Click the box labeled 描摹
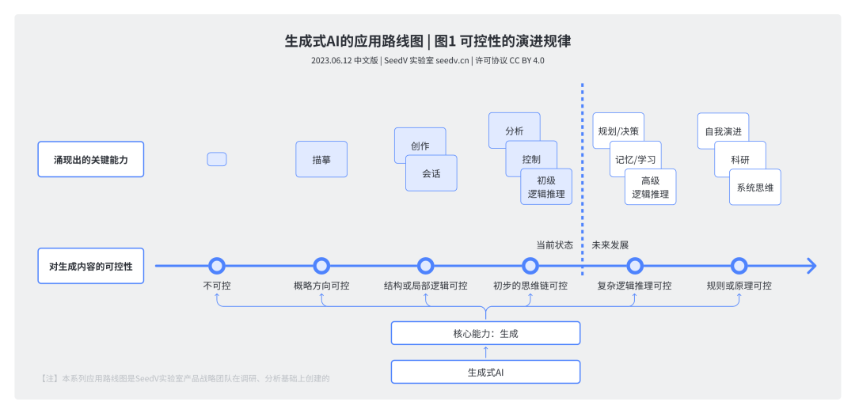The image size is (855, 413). pyautogui.click(x=321, y=159)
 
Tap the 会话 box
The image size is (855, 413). pyautogui.click(x=431, y=173)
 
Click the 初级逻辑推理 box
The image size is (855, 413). pyautogui.click(x=546, y=188)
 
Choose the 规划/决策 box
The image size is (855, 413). pyautogui.click(x=618, y=131)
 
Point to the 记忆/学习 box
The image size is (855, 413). pyautogui.click(x=636, y=158)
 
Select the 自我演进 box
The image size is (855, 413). pyautogui.click(x=723, y=131)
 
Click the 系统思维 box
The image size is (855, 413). pyautogui.click(x=754, y=188)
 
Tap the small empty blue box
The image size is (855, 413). pyautogui.click(x=217, y=159)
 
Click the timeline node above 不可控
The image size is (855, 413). pyautogui.click(x=217, y=266)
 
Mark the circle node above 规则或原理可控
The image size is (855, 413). pyautogui.click(x=739, y=266)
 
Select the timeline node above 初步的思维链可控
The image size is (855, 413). pyautogui.click(x=530, y=266)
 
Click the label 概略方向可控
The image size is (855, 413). pyautogui.click(x=321, y=286)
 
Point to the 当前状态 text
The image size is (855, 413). pyautogui.click(x=554, y=244)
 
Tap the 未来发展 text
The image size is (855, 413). pyautogui.click(x=610, y=244)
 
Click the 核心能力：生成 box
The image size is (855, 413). pyautogui.click(x=485, y=333)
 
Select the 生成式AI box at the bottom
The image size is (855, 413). pyautogui.click(x=485, y=372)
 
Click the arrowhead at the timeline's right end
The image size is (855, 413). pyautogui.click(x=811, y=266)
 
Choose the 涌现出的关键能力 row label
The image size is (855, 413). pyautogui.click(x=91, y=159)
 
